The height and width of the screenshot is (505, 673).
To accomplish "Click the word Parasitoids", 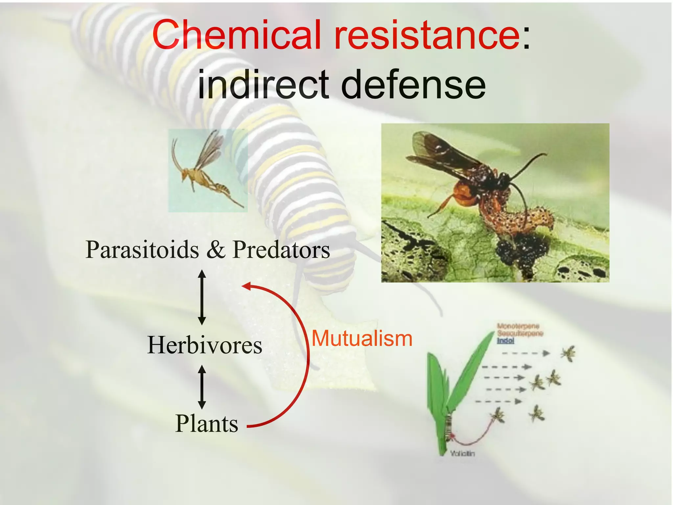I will pyautogui.click(x=142, y=250).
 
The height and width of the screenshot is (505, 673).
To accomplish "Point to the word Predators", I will pyautogui.click(x=281, y=250).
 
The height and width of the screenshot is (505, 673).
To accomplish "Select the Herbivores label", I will pyautogui.click(x=204, y=345).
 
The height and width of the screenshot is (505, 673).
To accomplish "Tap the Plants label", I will pyautogui.click(x=206, y=423).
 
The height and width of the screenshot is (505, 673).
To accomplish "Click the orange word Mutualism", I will pyautogui.click(x=362, y=339).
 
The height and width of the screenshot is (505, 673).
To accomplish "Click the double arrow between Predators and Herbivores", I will pyautogui.click(x=202, y=297).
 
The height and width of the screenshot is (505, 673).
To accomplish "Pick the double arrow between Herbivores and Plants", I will pyautogui.click(x=202, y=387).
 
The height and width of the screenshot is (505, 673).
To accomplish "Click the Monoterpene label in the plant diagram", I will pyautogui.click(x=518, y=326).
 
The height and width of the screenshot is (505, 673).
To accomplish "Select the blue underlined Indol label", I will pyautogui.click(x=505, y=341).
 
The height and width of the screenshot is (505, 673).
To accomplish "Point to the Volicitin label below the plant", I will pyautogui.click(x=462, y=454).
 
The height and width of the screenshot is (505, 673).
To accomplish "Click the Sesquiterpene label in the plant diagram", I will pyautogui.click(x=520, y=333).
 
